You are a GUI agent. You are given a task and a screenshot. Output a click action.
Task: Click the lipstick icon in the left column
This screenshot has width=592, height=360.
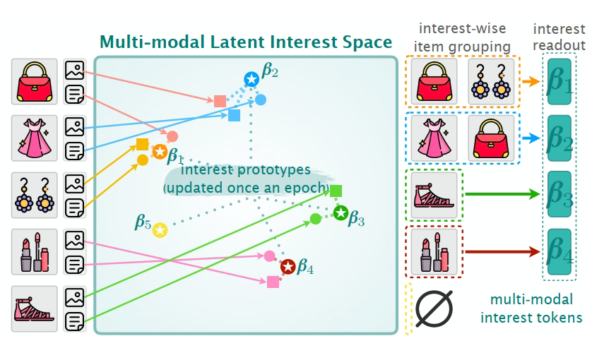coord(35,251)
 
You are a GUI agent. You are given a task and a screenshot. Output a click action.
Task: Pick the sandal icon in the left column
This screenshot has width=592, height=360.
coord(35,308)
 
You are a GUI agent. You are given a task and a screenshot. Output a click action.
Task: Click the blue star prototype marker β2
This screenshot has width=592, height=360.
coord(251,79)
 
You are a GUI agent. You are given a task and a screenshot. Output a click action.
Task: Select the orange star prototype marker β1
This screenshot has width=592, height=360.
coord(160,152)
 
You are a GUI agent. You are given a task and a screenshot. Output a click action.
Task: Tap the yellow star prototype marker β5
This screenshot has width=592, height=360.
coord(160,230)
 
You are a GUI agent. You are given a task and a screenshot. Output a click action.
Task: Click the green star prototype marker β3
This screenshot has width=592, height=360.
coord(341,212)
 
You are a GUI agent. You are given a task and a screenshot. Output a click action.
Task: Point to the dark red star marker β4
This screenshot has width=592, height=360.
coord(288,267)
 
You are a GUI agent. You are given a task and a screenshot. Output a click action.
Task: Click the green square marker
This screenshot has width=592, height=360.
coord(336,191)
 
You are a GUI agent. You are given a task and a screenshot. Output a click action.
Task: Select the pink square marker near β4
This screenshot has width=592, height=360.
coord(273,282)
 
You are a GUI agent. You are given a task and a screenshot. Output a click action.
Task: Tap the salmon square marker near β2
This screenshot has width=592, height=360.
coord(220,101)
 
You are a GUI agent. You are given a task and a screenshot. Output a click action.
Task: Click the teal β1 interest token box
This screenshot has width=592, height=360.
coord(561,82)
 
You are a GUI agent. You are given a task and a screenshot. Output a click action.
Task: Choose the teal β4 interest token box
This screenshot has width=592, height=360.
coord(561,250)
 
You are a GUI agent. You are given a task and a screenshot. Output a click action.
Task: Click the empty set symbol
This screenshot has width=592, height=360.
coord(433,309)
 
